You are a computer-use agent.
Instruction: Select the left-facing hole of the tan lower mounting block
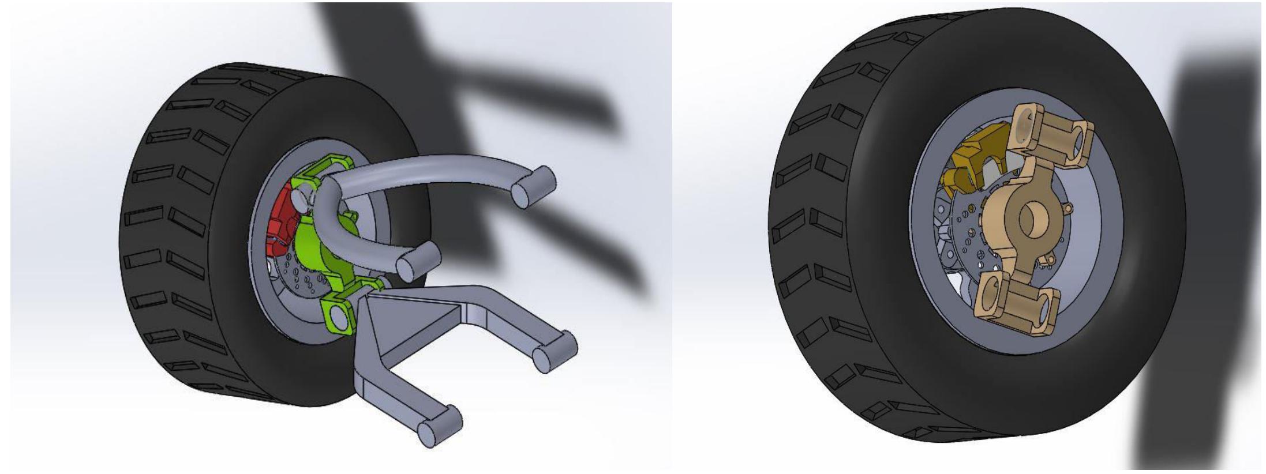(x=992, y=296)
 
